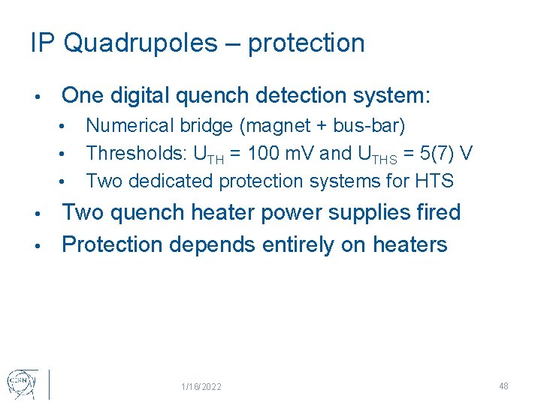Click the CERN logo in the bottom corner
pos(20,382)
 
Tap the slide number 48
pos(503,385)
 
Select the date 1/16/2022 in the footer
pos(201,386)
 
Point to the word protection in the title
pos(306,43)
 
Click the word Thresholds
pos(136,154)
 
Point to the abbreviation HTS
pos(437,181)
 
